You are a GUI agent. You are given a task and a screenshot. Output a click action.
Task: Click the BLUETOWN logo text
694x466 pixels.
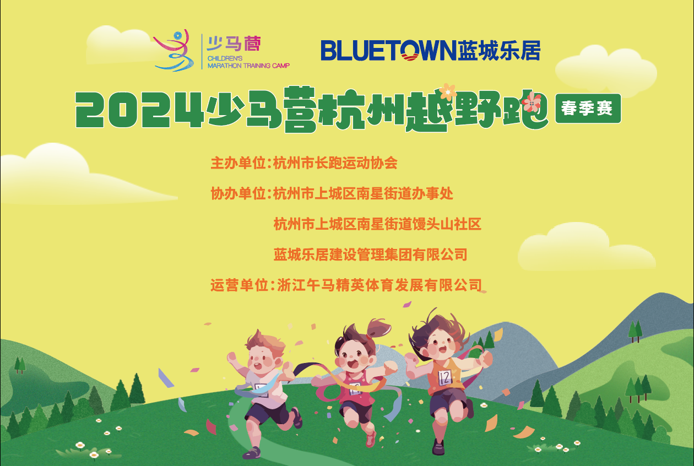(x=388, y=50)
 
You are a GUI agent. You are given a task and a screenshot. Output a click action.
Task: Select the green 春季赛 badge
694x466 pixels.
(x=588, y=109)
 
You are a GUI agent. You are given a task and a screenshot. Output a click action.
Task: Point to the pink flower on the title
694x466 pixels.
(x=532, y=102)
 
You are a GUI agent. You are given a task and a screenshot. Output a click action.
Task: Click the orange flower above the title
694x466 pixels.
(x=447, y=91)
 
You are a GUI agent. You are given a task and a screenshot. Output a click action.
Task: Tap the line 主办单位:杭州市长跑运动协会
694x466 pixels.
(x=303, y=164)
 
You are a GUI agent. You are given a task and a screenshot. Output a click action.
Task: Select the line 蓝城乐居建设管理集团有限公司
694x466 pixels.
(x=370, y=254)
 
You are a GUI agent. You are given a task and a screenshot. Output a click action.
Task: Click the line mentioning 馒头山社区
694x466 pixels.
(x=377, y=224)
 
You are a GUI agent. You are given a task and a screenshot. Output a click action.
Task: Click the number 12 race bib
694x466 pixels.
(x=444, y=377)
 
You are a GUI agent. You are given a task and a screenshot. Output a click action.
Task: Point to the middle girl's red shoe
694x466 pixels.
(x=371, y=439)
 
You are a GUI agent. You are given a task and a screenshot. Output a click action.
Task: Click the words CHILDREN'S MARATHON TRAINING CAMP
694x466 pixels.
(x=248, y=62)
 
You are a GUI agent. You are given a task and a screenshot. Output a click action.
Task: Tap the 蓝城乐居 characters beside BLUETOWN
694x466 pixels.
(x=498, y=50)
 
